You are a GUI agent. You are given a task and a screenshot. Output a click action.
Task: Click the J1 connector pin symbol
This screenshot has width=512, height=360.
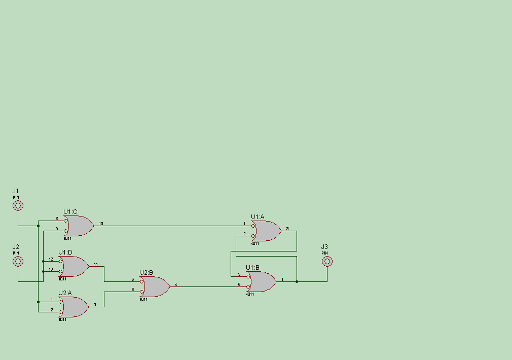(x=18, y=205)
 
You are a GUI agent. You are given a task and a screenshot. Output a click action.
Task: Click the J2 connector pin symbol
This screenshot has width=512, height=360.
(x=18, y=261)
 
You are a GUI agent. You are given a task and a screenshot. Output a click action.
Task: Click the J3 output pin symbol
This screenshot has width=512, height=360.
(x=327, y=261)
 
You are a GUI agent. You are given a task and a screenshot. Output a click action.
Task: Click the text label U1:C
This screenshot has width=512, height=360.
(x=70, y=211)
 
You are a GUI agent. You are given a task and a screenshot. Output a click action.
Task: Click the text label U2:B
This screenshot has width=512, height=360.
(x=146, y=273)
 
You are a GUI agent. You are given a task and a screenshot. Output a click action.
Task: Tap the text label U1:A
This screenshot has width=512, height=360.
(x=258, y=217)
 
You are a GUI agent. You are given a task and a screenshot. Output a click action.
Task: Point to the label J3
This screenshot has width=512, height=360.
(x=324, y=247)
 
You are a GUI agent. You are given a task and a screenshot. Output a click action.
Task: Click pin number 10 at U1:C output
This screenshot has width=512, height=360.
(x=101, y=224)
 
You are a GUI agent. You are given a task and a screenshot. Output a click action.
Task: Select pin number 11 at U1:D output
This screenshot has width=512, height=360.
(x=96, y=264)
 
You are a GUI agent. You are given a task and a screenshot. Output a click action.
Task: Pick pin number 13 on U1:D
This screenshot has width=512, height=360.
(x=51, y=269)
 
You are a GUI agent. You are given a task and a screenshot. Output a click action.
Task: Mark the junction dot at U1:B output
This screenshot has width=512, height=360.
(x=297, y=281)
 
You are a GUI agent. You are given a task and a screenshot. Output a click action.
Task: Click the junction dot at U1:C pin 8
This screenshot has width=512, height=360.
(x=38, y=226)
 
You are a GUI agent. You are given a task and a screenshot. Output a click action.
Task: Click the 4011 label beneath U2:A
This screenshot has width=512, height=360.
(x=62, y=319)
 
